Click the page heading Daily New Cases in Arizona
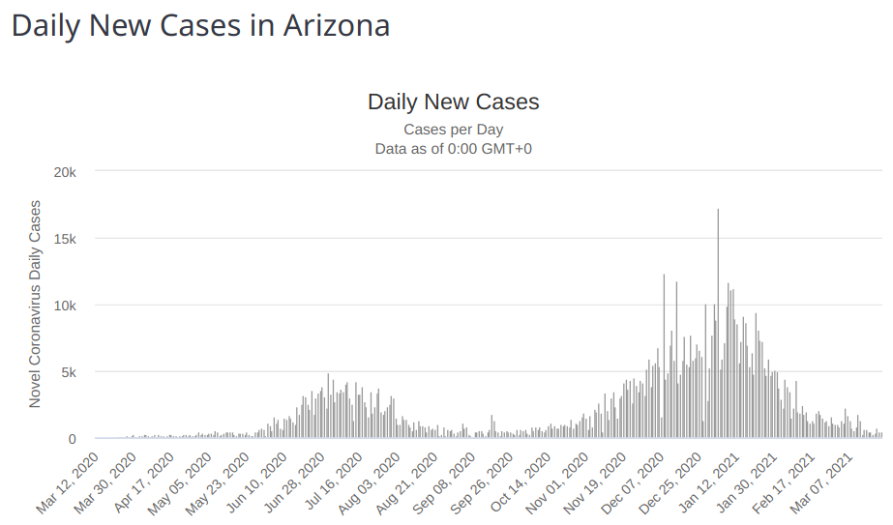[x=200, y=26]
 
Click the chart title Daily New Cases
[x=453, y=102]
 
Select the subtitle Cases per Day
[x=453, y=129]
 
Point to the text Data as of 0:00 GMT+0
[x=453, y=149]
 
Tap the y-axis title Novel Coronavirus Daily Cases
[x=35, y=304]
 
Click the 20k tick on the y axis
[x=65, y=172]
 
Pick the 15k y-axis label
[x=65, y=239]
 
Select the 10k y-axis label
[x=65, y=306]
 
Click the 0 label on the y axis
[x=72, y=439]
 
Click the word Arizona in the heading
[x=336, y=26]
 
